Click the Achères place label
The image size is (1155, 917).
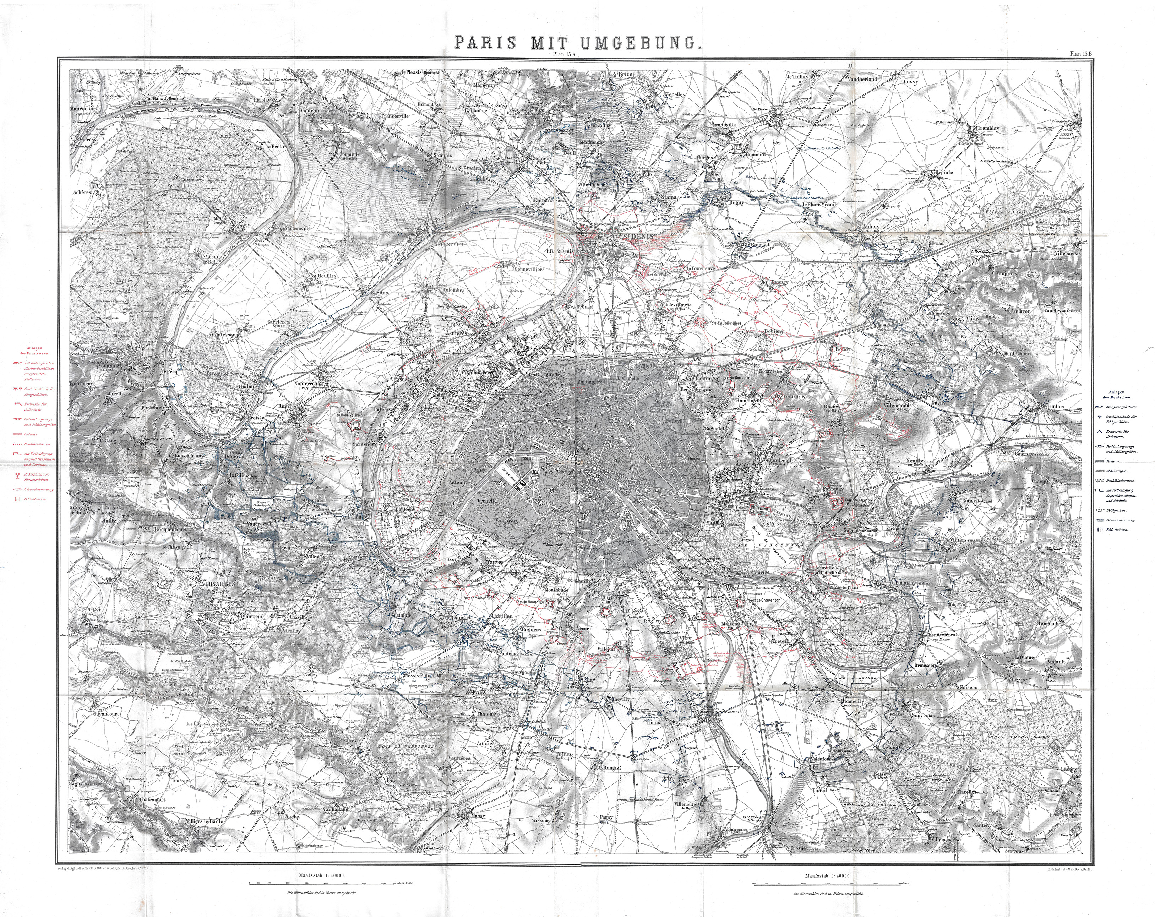(x=84, y=191)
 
